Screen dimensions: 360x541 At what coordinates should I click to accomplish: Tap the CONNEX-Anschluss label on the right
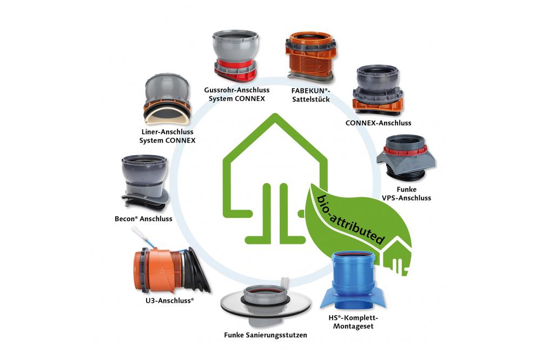coord(378,123)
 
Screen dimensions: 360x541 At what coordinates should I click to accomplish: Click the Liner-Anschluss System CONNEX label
coord(166,136)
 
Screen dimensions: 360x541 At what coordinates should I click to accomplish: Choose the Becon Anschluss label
coord(143,219)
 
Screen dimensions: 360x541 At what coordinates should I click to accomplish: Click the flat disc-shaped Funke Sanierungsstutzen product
coord(265,305)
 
